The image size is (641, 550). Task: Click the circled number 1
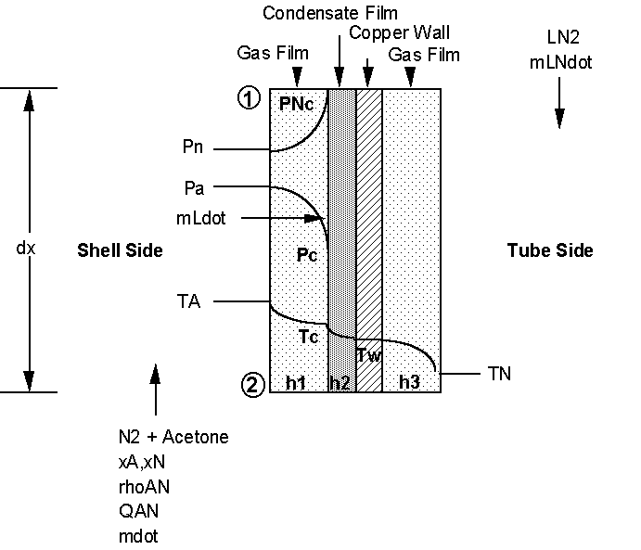[249, 98]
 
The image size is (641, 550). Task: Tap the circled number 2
[253, 385]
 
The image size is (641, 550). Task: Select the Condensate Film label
[330, 13]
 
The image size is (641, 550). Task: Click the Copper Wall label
[399, 32]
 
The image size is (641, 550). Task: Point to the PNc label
[296, 104]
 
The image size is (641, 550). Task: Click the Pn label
[193, 147]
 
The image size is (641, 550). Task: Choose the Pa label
[194, 188]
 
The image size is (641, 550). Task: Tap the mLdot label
[200, 218]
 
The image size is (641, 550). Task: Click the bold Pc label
[307, 255]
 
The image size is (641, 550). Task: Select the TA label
[188, 301]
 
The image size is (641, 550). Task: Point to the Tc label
[308, 337]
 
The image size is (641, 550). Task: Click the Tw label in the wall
[369, 355]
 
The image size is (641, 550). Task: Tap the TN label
[499, 374]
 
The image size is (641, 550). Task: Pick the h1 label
[296, 383]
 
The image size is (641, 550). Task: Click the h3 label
[409, 382]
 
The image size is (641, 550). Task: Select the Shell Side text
[120, 250]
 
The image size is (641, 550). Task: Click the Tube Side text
[550, 250]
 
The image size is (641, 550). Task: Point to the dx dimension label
[26, 248]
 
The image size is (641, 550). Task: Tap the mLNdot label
[560, 62]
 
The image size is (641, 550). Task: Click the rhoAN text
[144, 487]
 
